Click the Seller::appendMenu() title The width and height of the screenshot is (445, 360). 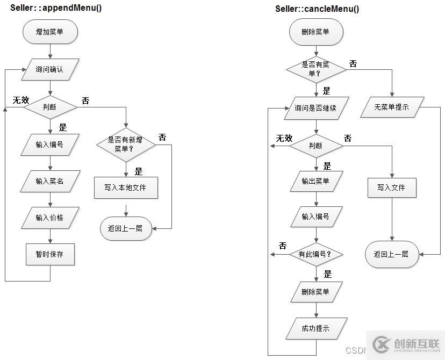click(x=56, y=8)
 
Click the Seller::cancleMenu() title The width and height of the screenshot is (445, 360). click(x=317, y=9)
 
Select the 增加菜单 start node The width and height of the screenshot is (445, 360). click(x=50, y=32)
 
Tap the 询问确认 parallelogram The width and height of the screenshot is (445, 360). click(x=49, y=69)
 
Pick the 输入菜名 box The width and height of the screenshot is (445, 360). click(x=50, y=181)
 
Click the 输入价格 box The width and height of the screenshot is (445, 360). click(x=50, y=218)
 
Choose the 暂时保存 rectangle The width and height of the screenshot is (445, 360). click(x=50, y=254)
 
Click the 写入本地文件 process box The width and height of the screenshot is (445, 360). click(x=125, y=188)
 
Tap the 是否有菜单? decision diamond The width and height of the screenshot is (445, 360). click(x=316, y=68)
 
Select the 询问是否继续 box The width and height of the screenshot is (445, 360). click(x=316, y=108)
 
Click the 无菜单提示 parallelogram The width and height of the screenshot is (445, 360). click(x=392, y=107)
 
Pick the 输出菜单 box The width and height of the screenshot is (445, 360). click(x=316, y=181)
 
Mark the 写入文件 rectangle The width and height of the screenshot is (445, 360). click(x=392, y=188)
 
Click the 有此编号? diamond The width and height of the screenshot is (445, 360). click(x=316, y=254)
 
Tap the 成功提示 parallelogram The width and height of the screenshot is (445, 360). click(x=316, y=328)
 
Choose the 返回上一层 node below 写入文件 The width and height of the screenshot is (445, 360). click(x=392, y=254)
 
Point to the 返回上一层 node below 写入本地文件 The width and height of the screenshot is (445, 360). click(x=125, y=228)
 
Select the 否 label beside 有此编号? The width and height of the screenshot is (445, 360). click(x=283, y=246)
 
